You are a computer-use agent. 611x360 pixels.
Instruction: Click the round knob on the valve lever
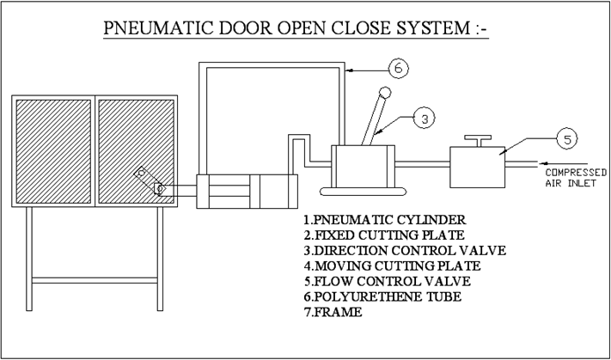(x=385, y=92)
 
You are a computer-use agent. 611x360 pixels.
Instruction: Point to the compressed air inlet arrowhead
(x=541, y=163)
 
